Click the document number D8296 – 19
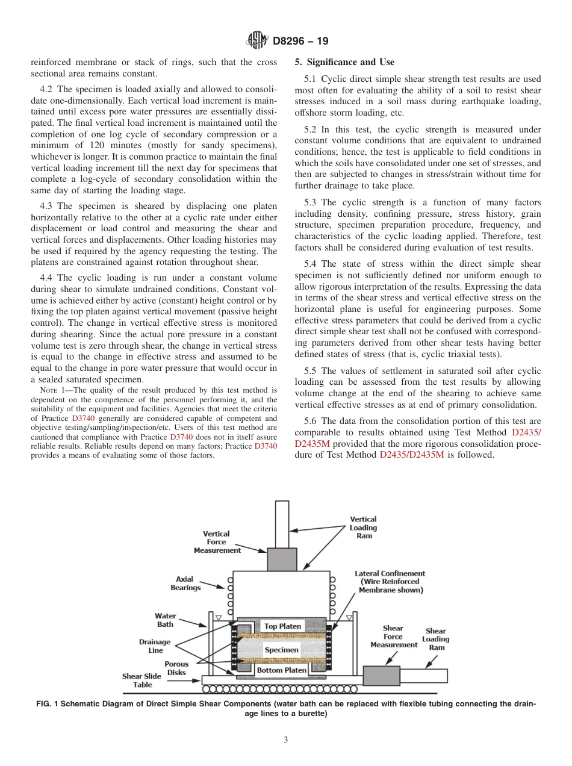(x=300, y=42)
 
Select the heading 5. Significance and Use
(x=344, y=62)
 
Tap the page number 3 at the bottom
(x=286, y=740)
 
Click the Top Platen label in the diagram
(x=282, y=626)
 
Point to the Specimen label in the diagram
(x=281, y=650)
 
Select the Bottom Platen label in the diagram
(x=282, y=670)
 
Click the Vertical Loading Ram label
(x=364, y=527)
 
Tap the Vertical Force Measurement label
(x=217, y=541)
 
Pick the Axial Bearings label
(x=185, y=583)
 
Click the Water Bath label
(x=165, y=620)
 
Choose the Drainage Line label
(x=155, y=646)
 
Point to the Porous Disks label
(x=176, y=668)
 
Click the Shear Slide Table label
(x=141, y=680)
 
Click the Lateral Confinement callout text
(x=390, y=582)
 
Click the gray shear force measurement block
(x=381, y=675)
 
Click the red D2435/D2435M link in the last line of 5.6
(x=412, y=455)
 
